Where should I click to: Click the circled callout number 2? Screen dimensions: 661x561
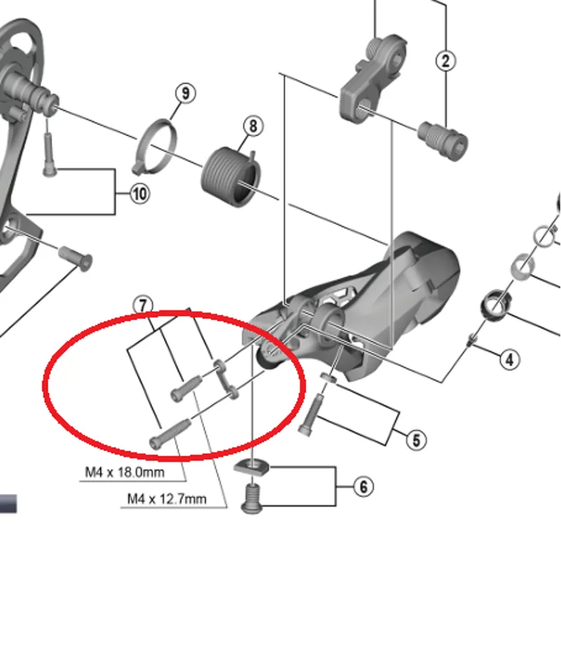coord(446,60)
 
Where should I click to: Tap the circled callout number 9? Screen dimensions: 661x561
coord(185,93)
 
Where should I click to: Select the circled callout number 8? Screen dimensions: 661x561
coord(252,126)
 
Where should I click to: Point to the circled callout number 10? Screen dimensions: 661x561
coord(140,193)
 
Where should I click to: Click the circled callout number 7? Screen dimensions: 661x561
coord(143,305)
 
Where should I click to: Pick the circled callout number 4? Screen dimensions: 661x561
coord(510,360)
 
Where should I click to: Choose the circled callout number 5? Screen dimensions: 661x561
coord(416,441)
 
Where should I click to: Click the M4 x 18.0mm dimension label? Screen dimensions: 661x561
coord(125,472)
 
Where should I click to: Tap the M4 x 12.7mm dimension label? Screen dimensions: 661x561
coord(167,499)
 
